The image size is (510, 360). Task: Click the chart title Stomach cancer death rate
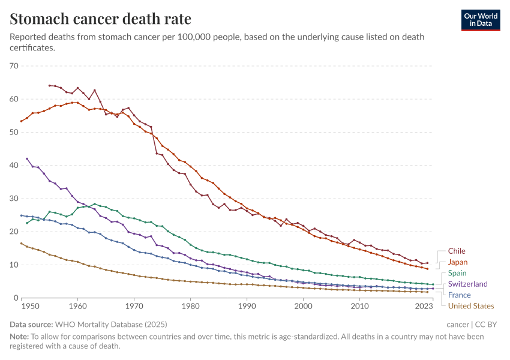click(101, 19)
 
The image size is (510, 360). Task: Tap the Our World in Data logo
click(481, 20)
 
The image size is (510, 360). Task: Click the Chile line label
click(457, 251)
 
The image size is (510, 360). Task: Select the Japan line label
click(458, 262)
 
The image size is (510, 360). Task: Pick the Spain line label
click(457, 273)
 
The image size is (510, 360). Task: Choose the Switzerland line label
click(468, 284)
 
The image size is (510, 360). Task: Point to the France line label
click(459, 295)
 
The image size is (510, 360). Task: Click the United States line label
click(471, 306)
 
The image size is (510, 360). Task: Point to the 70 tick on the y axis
click(14, 65)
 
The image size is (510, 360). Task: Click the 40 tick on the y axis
click(14, 165)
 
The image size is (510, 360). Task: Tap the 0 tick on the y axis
click(16, 298)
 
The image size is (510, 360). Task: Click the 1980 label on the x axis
click(191, 307)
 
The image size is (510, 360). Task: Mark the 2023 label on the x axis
click(424, 307)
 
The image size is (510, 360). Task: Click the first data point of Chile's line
click(49, 86)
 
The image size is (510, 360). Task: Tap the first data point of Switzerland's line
click(27, 158)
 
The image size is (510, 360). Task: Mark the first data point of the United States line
click(21, 243)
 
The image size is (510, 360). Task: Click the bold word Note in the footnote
click(19, 337)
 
